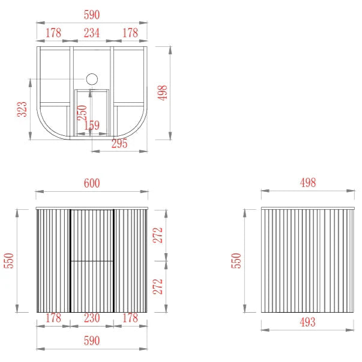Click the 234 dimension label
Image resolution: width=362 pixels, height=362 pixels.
tap(92, 33)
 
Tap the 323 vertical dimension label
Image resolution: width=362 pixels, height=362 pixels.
tap(22, 109)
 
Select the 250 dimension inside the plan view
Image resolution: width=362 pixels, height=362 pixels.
tap(82, 112)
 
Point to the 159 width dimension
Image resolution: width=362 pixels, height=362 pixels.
tap(92, 125)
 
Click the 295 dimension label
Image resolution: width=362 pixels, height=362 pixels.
tap(119, 144)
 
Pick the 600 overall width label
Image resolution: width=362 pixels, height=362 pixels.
tap(92, 183)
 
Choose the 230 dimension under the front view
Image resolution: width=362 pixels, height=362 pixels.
tap(92, 318)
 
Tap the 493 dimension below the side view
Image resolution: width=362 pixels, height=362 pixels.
tap(307, 322)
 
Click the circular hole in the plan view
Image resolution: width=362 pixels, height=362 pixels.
tap(92, 79)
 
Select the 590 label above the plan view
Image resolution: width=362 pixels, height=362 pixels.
tap(92, 15)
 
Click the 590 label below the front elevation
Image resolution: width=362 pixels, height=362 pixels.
tap(92, 340)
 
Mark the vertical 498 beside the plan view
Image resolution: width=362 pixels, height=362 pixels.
tap(162, 93)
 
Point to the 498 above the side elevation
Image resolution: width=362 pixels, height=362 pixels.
tap(308, 183)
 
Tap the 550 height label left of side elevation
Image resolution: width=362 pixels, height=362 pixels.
tap(236, 261)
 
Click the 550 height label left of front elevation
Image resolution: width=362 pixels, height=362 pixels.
tap(9, 261)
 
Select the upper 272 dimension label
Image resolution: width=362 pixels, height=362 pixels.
tap(158, 235)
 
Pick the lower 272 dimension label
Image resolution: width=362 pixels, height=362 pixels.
tap(158, 287)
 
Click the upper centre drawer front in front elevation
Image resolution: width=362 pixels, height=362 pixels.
tap(92, 235)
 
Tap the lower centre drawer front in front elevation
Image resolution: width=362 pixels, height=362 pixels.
tap(92, 287)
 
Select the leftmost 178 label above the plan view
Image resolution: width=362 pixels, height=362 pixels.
tap(53, 33)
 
